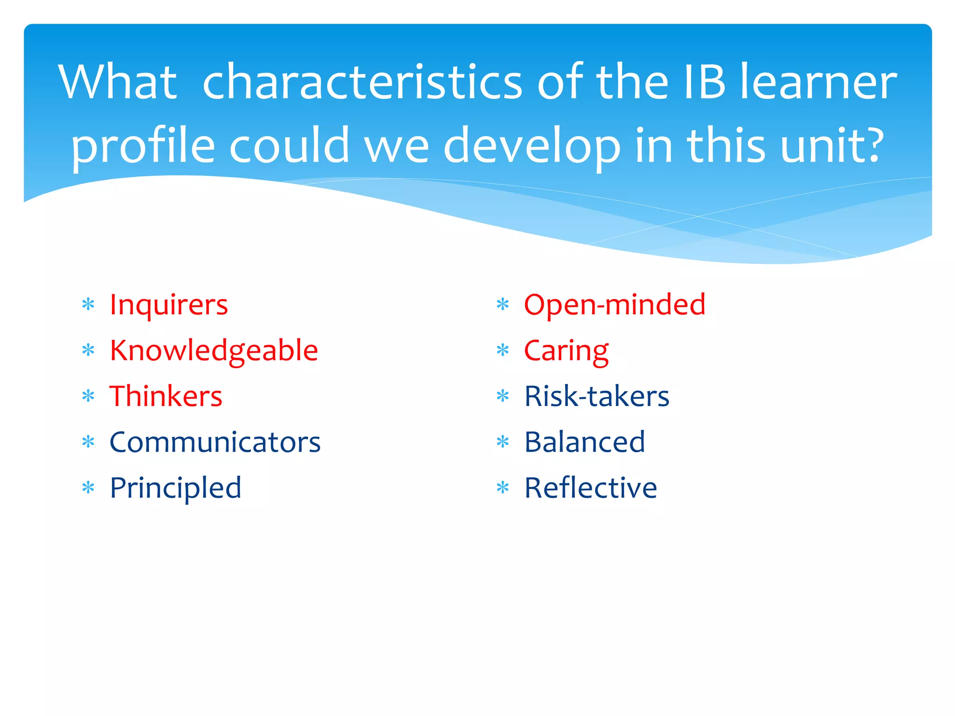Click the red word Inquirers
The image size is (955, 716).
coord(168,305)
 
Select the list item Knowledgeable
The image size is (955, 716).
coord(214,351)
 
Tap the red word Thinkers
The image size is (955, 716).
coord(166,397)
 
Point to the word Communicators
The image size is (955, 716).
coord(215,442)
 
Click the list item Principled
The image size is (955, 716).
coord(175,488)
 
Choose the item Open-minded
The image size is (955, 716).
coord(614,305)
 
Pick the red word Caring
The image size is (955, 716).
coord(566,351)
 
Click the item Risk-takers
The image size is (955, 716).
coord(596,397)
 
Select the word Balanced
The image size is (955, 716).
coord(584,442)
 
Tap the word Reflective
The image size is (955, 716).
coord(590,488)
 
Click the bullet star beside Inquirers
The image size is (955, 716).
coord(88,305)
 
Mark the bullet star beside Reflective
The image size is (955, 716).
coord(503,488)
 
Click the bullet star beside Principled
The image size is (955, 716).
coord(88,488)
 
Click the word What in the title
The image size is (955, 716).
coord(118,83)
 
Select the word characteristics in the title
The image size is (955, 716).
coord(362,83)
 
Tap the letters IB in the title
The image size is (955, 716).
coord(705,83)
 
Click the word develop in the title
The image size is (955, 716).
coord(532,146)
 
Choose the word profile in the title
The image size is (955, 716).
coord(143,146)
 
